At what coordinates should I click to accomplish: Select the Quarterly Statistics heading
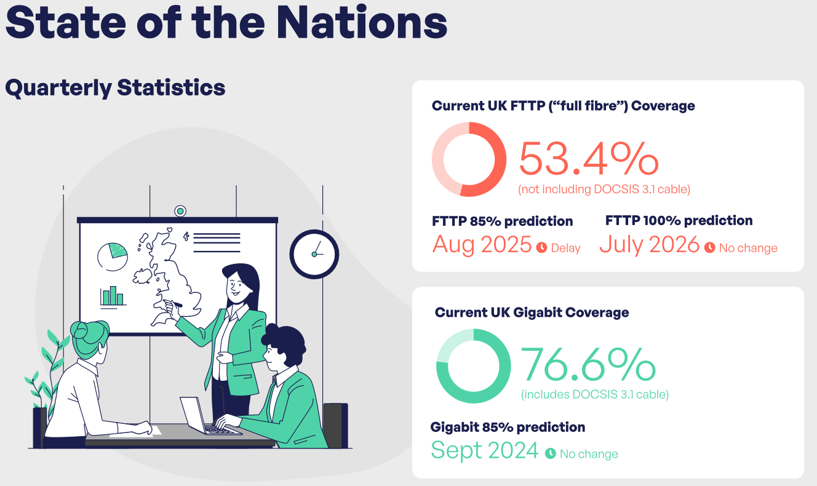point(115,88)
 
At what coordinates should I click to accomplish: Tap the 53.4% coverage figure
point(588,159)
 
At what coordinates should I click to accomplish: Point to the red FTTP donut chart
point(469,159)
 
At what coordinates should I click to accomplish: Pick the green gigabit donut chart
point(473,366)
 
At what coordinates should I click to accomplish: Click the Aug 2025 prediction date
point(482,245)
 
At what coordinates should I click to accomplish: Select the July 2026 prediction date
point(649,245)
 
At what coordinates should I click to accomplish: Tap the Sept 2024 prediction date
point(485,450)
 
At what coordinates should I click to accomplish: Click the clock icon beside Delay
point(542,248)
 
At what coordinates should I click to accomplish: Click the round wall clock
point(314,253)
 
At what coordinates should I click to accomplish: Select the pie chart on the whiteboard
point(113,256)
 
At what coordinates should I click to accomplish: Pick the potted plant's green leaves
point(49,369)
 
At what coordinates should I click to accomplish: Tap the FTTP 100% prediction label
point(679,220)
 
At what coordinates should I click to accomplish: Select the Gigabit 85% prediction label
point(508,426)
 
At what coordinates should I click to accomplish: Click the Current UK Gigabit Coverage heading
point(532,313)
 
